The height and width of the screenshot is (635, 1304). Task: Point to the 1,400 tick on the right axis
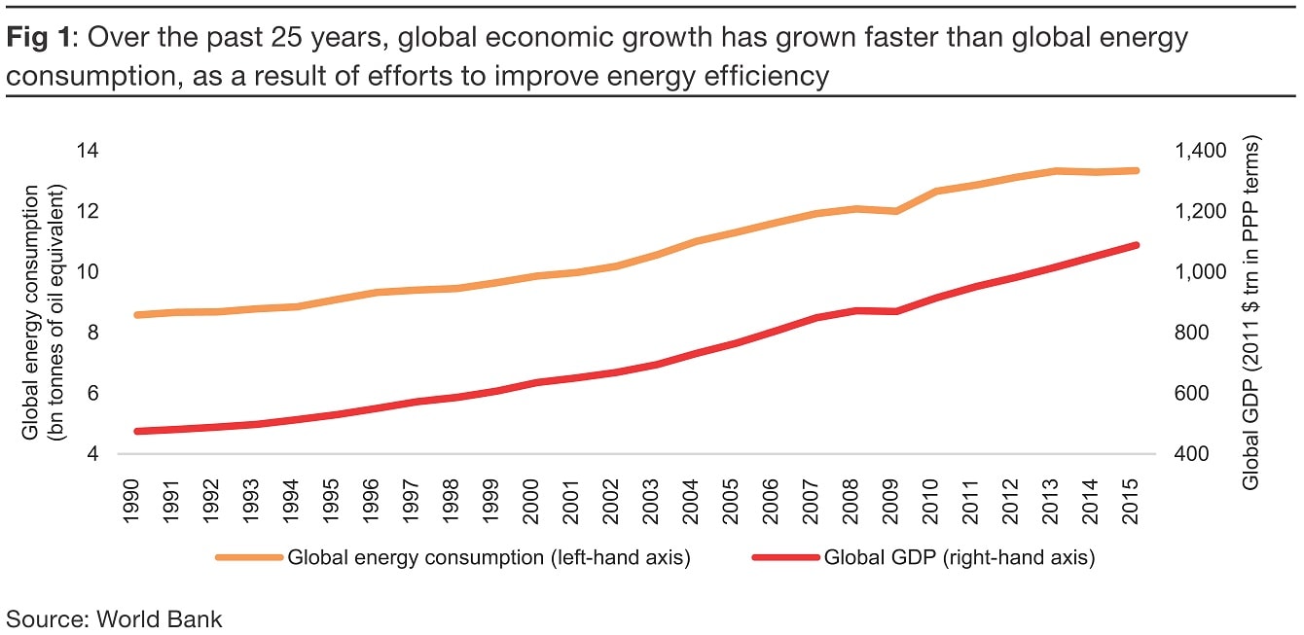[1201, 151]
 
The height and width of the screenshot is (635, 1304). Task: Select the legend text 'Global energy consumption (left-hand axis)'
[489, 558]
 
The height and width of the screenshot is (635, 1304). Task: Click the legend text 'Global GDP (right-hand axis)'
[960, 558]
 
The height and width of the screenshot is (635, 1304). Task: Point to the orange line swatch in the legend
[249, 558]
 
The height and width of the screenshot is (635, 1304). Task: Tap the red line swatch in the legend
[785, 558]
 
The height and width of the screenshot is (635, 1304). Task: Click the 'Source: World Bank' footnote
[115, 618]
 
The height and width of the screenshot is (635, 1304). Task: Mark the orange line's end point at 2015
[1136, 170]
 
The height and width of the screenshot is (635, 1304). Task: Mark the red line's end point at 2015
[1136, 245]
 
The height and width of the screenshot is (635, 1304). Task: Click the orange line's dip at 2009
[895, 210]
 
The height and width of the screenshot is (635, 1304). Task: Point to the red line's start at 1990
[136, 431]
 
